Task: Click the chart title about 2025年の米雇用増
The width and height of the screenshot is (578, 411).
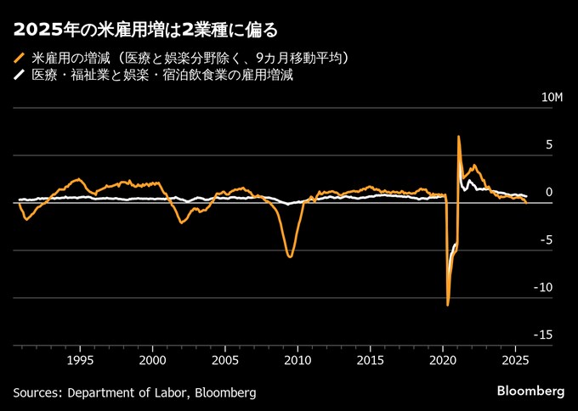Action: (x=145, y=31)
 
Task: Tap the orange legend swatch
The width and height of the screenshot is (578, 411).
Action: (x=19, y=59)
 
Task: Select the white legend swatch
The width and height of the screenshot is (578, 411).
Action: (x=19, y=76)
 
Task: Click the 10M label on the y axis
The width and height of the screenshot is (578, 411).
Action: (x=552, y=98)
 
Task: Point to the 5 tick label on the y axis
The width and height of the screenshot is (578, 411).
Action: (x=549, y=145)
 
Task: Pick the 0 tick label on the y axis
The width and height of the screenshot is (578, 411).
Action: (x=549, y=193)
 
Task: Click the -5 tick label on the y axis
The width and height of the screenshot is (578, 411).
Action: (x=547, y=240)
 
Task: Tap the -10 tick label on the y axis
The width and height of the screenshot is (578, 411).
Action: (x=544, y=288)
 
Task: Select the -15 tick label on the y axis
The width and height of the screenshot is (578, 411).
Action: (x=544, y=335)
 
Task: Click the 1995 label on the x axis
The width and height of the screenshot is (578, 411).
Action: (x=80, y=359)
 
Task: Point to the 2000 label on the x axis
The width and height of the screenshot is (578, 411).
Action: (x=153, y=359)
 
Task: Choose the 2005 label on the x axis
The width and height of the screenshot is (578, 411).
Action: (x=225, y=359)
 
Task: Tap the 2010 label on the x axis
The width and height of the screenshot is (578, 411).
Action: (x=297, y=359)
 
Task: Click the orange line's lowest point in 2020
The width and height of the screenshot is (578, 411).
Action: (x=447, y=304)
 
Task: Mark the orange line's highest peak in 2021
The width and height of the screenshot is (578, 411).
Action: (x=459, y=136)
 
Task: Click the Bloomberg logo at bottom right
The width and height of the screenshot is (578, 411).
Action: (x=530, y=391)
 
